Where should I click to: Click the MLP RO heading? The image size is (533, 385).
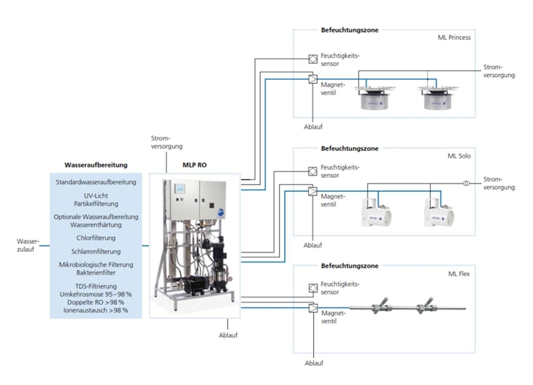[195, 165]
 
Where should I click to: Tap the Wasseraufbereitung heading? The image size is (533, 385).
[95, 165]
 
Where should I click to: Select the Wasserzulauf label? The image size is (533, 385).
[27, 245]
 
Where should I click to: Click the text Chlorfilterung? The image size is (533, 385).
[95, 238]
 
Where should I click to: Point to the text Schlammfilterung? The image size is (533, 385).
[95, 252]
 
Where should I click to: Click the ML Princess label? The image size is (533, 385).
[454, 38]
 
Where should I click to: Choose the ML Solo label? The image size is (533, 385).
[459, 155]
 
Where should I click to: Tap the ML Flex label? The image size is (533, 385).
[459, 274]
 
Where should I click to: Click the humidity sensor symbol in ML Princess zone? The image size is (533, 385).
[312, 58]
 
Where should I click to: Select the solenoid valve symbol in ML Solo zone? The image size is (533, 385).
[312, 191]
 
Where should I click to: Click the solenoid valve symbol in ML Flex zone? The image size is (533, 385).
[313, 308]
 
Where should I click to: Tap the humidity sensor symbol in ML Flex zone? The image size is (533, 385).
[313, 288]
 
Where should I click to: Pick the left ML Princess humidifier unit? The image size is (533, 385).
[375, 97]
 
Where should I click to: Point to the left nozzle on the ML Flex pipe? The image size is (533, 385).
[380, 306]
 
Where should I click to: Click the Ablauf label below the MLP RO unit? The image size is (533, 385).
[228, 335]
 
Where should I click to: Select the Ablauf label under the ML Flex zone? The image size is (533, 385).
[314, 364]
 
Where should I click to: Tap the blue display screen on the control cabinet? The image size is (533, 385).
[179, 189]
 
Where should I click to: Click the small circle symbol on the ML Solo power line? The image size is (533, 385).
[466, 184]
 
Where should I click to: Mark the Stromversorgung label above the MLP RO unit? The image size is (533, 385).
[167, 142]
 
